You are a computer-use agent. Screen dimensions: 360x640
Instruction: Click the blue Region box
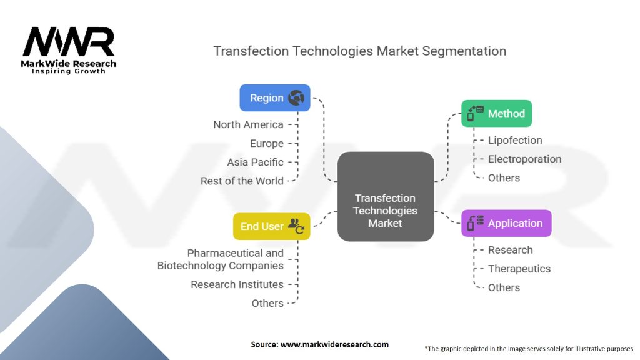click(275, 98)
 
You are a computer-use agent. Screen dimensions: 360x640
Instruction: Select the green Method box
click(496, 114)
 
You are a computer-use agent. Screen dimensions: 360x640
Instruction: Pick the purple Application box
click(506, 223)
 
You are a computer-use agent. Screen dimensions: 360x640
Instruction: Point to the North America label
click(248, 124)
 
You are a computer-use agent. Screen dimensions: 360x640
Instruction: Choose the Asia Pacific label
click(255, 162)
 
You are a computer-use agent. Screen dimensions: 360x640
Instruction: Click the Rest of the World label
click(242, 181)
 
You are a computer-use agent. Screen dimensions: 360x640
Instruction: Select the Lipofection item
click(515, 140)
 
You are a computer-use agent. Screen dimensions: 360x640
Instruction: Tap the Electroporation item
click(524, 159)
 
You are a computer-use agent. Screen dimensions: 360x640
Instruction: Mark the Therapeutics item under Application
click(519, 269)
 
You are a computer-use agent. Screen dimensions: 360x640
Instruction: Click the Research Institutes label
click(237, 284)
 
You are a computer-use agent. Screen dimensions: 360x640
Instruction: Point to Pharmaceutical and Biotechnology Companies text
click(221, 259)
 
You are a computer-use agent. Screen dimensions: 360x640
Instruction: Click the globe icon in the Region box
click(296, 97)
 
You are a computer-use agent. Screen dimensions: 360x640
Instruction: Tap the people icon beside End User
click(296, 226)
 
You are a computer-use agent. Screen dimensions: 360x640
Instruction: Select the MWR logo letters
click(69, 42)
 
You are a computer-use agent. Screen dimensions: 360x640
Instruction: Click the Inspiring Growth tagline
click(69, 71)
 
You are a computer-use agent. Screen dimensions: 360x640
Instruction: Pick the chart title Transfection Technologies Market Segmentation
click(359, 51)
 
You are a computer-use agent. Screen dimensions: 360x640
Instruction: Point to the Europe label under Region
click(267, 143)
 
